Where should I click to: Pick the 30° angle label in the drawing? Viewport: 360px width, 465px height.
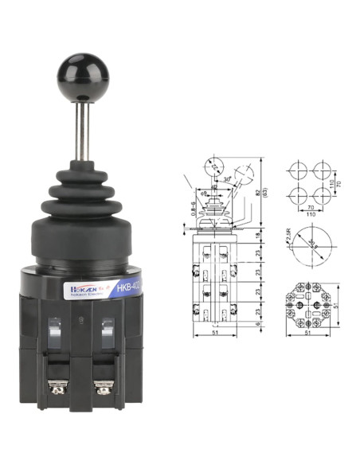tap(228, 179)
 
